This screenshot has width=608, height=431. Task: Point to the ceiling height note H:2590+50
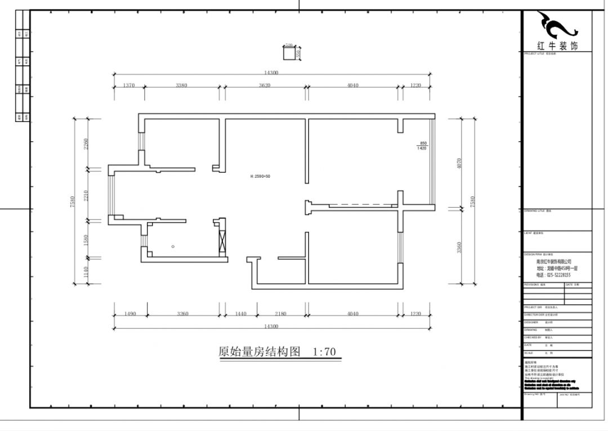260,176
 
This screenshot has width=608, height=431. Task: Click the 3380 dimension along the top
181,86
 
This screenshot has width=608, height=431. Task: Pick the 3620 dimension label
265,86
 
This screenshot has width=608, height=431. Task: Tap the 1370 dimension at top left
129,86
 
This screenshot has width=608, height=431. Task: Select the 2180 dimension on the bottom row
280,313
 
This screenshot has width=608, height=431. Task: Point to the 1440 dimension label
241,313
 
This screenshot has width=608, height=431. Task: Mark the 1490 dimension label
130,313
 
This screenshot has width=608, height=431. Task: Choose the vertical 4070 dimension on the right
459,163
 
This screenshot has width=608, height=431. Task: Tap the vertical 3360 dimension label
459,248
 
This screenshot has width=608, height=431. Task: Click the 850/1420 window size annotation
422,146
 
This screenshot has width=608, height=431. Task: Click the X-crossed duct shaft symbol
221,240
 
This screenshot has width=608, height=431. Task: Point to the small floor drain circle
173,246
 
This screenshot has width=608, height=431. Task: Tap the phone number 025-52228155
554,275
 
